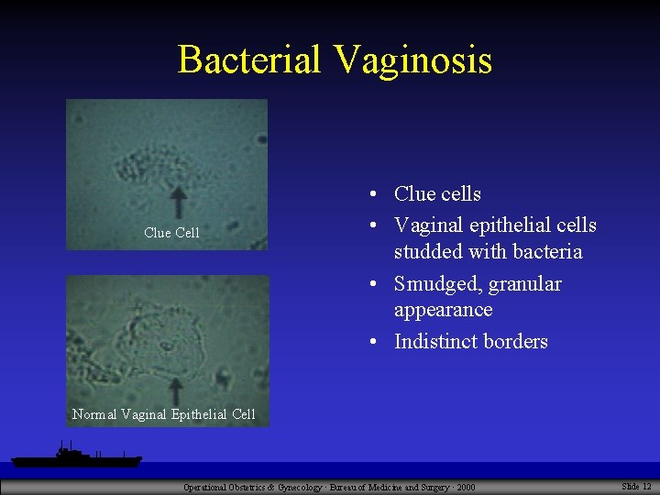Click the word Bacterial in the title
pyautogui.click(x=250, y=60)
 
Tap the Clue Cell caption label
pyautogui.click(x=171, y=233)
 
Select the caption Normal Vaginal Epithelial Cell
pyautogui.click(x=164, y=414)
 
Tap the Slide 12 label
pyautogui.click(x=636, y=486)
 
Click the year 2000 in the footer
pyautogui.click(x=465, y=487)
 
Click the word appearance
pyautogui.click(x=443, y=310)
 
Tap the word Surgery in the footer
pyautogui.click(x=426, y=487)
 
